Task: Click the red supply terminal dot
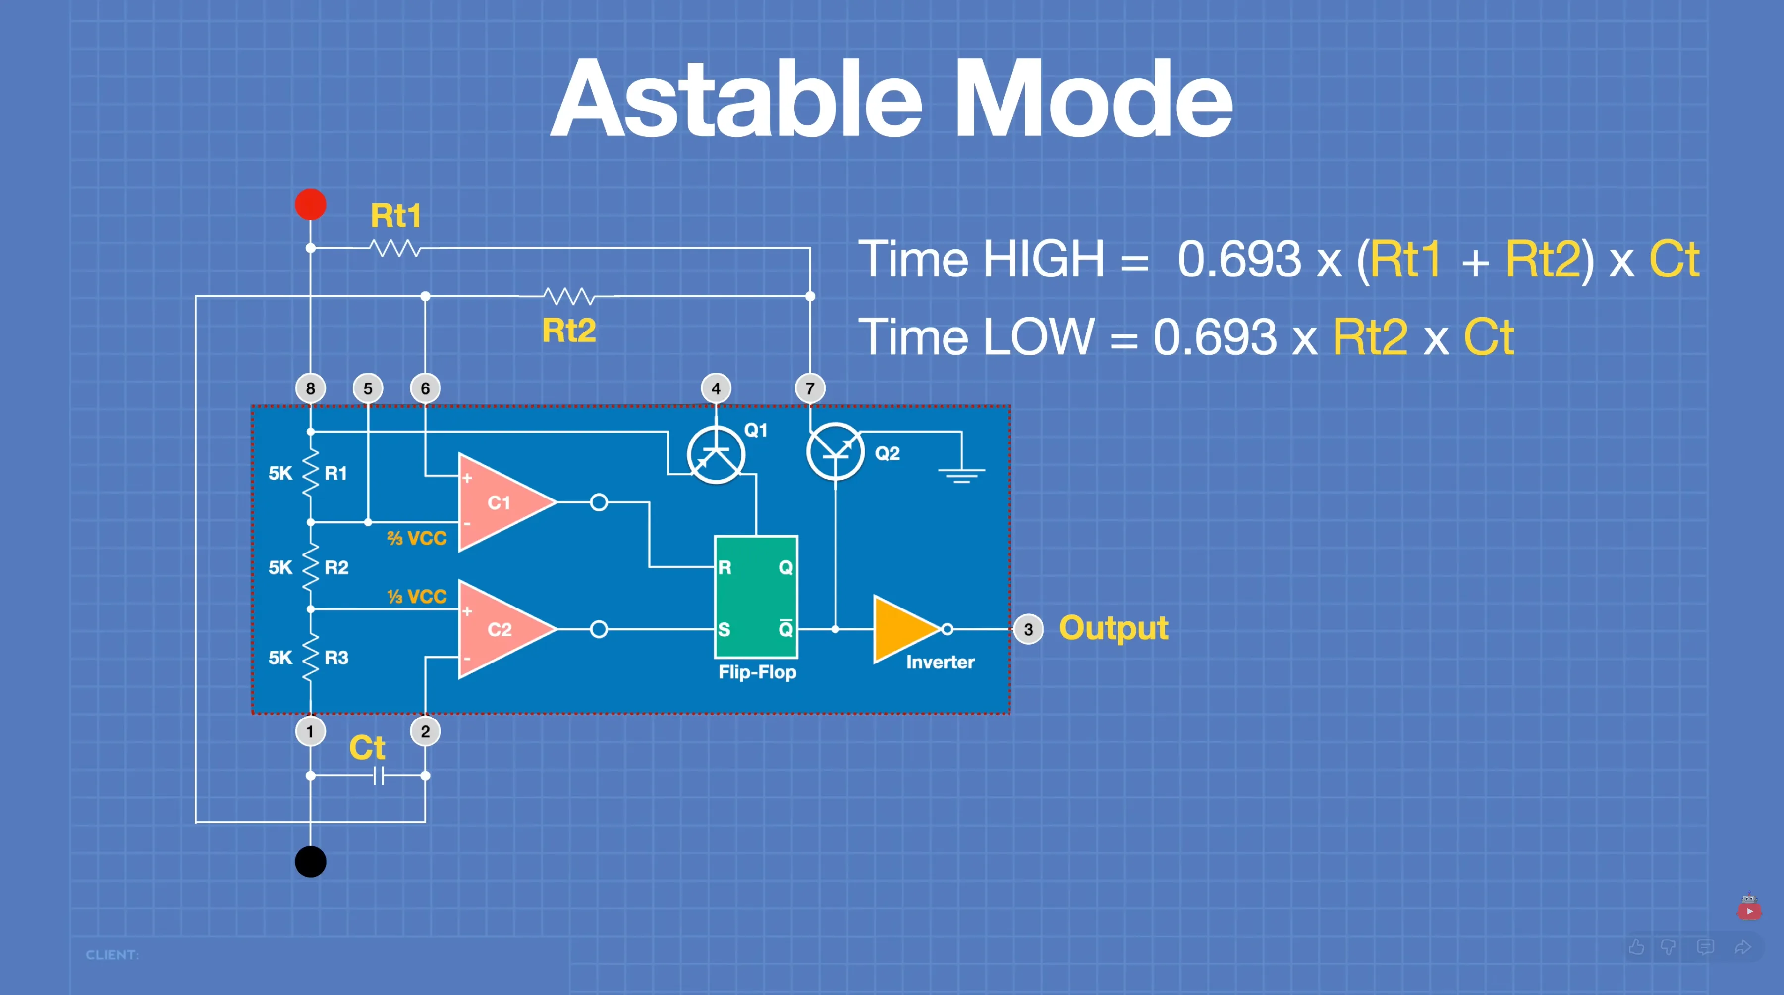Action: tap(310, 204)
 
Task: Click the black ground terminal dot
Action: tap(310, 861)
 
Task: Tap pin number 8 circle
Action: tap(310, 388)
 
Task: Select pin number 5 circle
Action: tap(368, 388)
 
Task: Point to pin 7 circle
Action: tap(810, 388)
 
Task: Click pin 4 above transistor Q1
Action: tap(716, 388)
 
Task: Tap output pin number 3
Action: tap(1028, 629)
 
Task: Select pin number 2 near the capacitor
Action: tap(425, 731)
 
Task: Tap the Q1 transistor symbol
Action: tap(716, 455)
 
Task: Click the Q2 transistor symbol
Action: tap(835, 451)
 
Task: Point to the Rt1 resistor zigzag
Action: tap(395, 248)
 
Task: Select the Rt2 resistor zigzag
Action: tap(568, 296)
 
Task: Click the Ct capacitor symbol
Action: tap(378, 776)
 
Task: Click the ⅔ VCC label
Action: tap(417, 538)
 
